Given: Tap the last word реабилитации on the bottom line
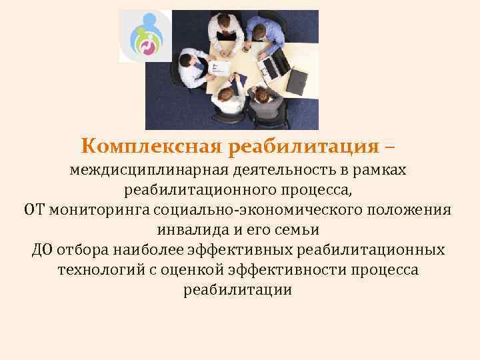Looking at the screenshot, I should [x=237, y=291].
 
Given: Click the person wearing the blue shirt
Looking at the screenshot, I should [x=265, y=29].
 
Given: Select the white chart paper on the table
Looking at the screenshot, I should [x=219, y=67].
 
